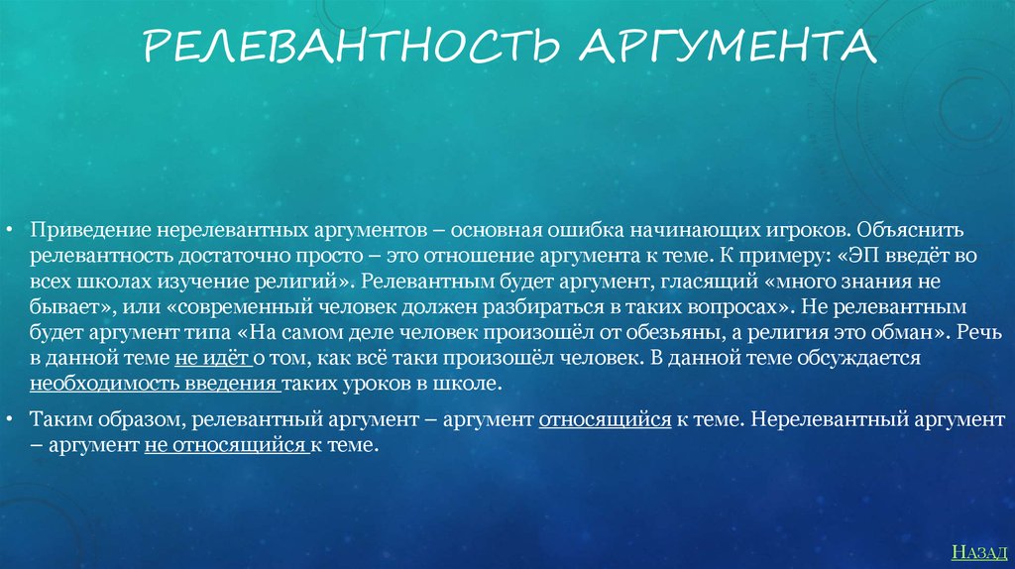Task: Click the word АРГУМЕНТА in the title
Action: click(729, 46)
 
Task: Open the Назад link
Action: click(979, 552)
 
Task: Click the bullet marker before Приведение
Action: click(9, 230)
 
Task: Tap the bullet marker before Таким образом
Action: click(9, 419)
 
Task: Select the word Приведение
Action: click(90, 230)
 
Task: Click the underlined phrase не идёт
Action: click(212, 358)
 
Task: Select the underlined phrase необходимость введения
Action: click(154, 384)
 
